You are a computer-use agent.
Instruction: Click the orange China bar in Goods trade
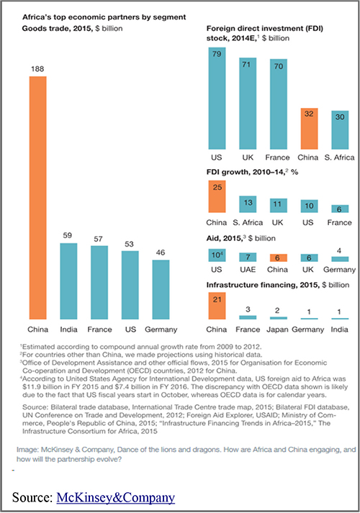point(38,198)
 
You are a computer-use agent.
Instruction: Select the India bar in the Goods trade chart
point(68,281)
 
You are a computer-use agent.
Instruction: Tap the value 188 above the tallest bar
point(37,68)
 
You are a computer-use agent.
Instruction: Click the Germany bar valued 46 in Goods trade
point(161,289)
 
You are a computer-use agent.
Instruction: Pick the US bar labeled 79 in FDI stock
point(217,99)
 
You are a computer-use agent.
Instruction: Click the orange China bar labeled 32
point(310,129)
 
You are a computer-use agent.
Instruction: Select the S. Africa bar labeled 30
point(340,130)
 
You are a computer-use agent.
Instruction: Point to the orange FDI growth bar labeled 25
point(217,196)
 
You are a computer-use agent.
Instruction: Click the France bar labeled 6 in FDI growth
point(340,209)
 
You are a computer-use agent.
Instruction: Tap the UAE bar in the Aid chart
point(248,257)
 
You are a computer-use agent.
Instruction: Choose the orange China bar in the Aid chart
point(279,258)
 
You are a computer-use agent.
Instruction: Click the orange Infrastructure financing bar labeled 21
point(217,306)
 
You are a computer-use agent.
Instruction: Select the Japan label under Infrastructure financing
point(277,330)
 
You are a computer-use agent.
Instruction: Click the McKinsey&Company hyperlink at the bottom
point(115,497)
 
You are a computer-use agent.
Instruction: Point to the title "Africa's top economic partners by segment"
point(104,17)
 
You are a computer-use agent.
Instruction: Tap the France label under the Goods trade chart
point(99,330)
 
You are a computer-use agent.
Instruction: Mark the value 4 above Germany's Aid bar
point(339,250)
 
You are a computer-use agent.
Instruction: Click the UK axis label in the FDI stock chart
point(248,158)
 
